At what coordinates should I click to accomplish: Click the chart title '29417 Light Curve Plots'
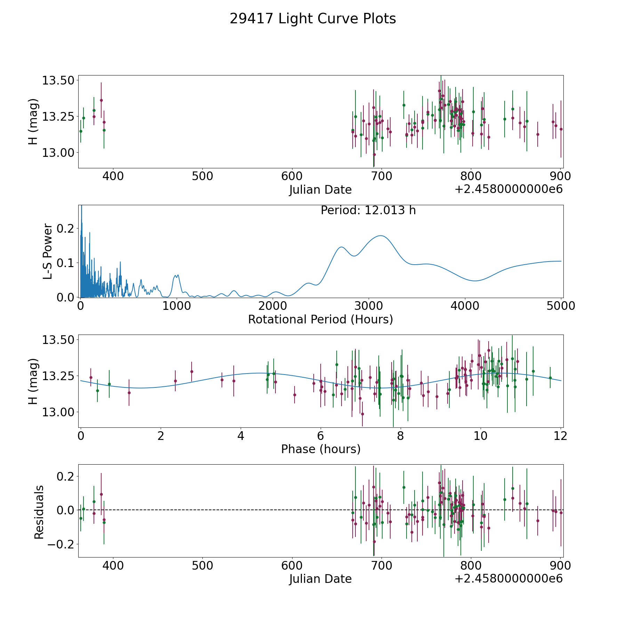[x=313, y=19]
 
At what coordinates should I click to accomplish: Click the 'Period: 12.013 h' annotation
[x=368, y=210]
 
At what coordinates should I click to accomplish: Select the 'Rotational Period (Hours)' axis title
[x=320, y=319]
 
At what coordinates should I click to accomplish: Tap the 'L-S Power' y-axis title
[x=48, y=251]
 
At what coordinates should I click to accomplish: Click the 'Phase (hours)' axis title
[x=321, y=449]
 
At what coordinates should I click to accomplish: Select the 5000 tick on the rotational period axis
[x=561, y=306]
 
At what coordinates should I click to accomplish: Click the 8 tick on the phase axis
[x=400, y=436]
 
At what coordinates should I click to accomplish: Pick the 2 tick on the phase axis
[x=161, y=436]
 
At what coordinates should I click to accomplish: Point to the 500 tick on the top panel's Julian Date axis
[x=203, y=176]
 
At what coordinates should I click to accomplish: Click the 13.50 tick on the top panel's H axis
[x=58, y=80]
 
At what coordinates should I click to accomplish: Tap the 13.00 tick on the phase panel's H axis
[x=58, y=412]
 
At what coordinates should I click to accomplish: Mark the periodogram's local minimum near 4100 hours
[x=475, y=281]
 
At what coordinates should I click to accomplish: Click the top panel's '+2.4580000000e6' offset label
[x=508, y=190]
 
